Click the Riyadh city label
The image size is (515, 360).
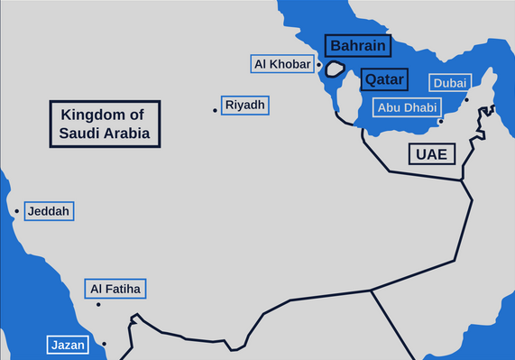[x=245, y=106]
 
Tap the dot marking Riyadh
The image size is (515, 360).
[x=216, y=110]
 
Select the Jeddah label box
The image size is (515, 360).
[x=48, y=211]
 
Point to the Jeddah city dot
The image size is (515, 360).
[x=16, y=213]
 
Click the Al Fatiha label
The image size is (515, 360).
[x=115, y=290]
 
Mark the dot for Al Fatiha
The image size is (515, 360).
[x=98, y=304]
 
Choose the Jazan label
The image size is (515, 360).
[x=68, y=345]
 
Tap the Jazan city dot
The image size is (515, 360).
[x=105, y=344]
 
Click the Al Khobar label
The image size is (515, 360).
[x=283, y=64]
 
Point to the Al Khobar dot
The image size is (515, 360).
[x=319, y=66]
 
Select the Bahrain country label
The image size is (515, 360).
[x=357, y=46]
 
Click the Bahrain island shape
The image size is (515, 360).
[x=336, y=69]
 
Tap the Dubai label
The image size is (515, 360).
[x=449, y=83]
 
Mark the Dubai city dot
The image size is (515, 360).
[x=466, y=100]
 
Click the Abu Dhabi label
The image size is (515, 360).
[x=407, y=107]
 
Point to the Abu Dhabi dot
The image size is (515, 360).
[x=440, y=121]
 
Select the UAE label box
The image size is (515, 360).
[x=431, y=153]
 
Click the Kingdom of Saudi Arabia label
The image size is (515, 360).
[x=105, y=125]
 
